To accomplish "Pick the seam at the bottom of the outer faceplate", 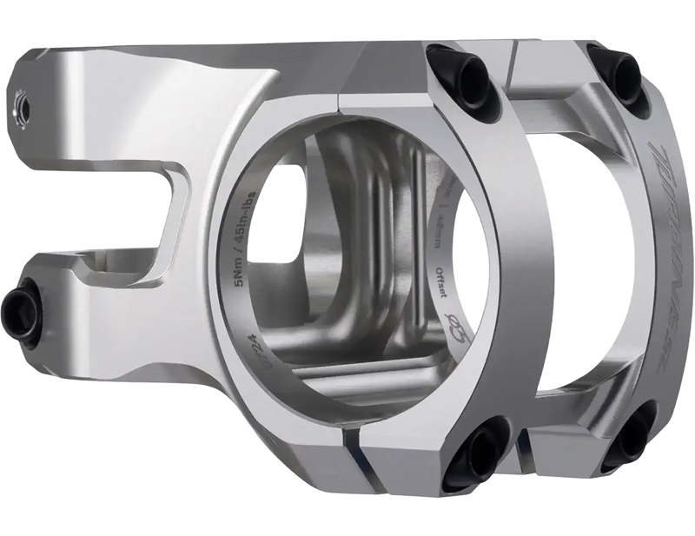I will [x=525, y=451].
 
